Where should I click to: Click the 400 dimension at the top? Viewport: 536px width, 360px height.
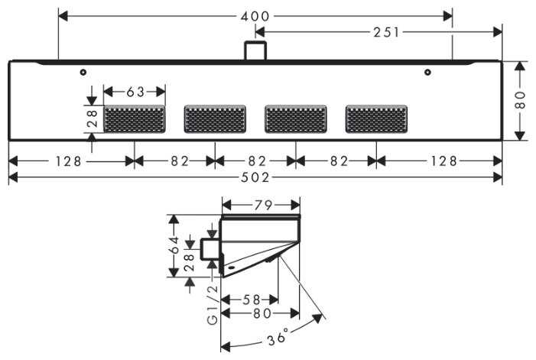point(255,15)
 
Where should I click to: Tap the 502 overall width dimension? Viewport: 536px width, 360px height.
point(255,177)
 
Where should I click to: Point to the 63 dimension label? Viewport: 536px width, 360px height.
point(135,92)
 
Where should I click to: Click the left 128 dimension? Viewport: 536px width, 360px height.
point(71,161)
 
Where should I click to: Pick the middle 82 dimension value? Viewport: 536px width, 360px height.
point(255,161)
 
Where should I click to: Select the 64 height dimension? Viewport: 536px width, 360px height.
point(175,245)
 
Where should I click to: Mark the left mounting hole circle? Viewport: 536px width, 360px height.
point(83,72)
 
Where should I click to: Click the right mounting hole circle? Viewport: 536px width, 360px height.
point(428,73)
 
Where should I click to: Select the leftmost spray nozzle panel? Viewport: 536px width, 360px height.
point(135,119)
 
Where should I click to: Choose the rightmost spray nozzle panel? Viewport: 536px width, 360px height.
point(376,119)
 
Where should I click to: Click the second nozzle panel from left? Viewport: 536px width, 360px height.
point(215,119)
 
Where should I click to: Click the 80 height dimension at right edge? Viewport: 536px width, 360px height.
point(520,99)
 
